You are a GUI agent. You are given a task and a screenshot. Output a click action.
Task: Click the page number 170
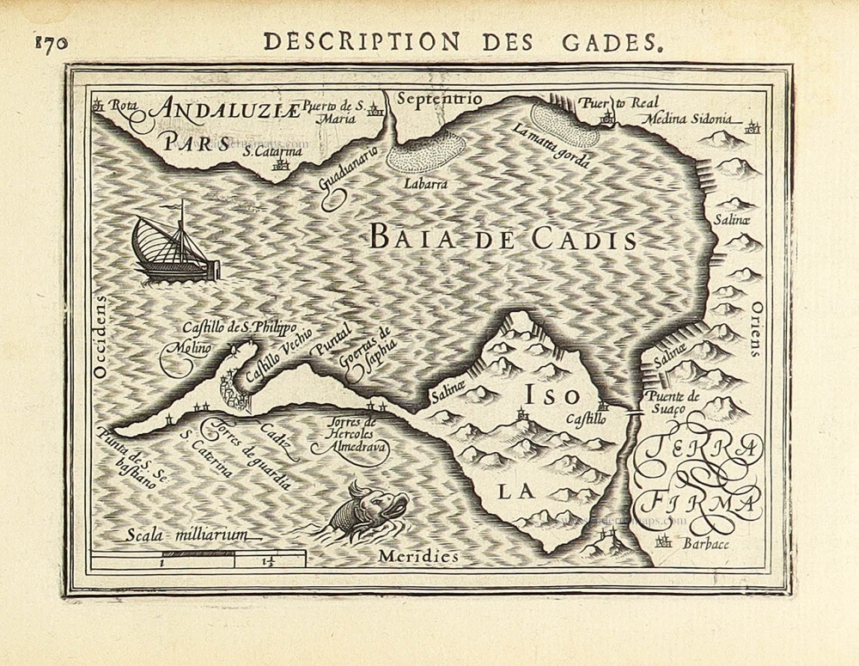tap(51, 44)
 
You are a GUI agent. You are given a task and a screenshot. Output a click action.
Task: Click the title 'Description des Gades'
tap(463, 40)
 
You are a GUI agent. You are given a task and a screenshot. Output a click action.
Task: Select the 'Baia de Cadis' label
tap(503, 238)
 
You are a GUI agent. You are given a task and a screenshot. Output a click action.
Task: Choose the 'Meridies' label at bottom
tap(418, 557)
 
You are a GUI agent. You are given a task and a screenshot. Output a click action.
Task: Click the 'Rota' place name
tap(125, 106)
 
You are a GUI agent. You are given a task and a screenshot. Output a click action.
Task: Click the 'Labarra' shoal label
tap(427, 182)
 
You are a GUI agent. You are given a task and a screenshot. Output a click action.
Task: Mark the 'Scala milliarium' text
tap(186, 535)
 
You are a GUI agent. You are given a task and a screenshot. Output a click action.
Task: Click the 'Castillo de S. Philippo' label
tap(239, 327)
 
